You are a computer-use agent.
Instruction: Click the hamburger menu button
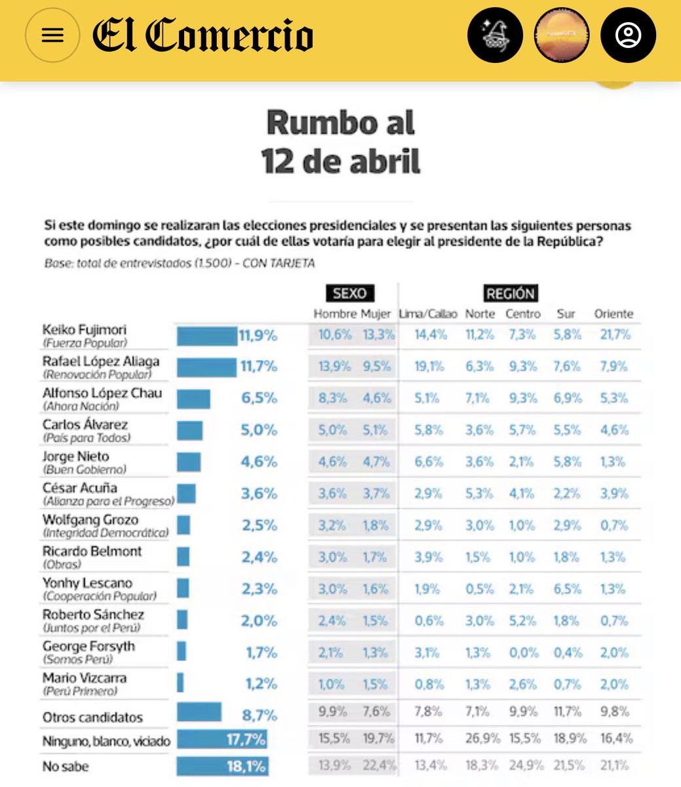click(52, 35)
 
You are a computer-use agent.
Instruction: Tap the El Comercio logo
click(203, 35)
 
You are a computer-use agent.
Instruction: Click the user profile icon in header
click(628, 35)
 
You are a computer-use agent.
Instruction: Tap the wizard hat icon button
click(495, 35)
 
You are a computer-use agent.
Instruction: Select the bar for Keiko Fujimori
click(206, 336)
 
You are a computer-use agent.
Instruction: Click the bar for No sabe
click(222, 766)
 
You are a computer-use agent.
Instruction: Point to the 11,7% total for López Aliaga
click(258, 367)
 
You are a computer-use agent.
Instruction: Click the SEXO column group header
click(349, 293)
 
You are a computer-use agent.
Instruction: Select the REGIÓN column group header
click(510, 293)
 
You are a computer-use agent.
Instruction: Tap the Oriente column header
click(613, 314)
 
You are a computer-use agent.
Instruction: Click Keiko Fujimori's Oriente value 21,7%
click(615, 335)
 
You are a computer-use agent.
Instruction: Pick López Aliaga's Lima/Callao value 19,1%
click(429, 367)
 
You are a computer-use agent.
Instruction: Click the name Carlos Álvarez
click(85, 425)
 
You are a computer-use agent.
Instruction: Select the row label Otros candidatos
click(92, 717)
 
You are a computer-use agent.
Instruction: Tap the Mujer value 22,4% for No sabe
click(378, 765)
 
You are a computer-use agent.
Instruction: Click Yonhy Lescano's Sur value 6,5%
click(566, 589)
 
